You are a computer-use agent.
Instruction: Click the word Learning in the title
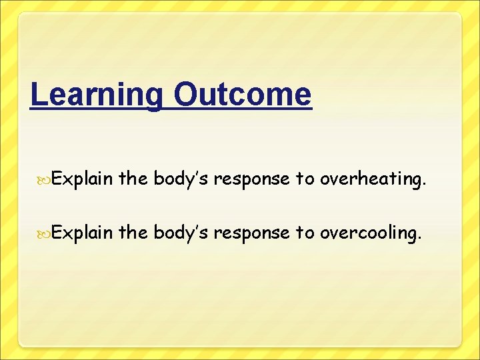point(96,95)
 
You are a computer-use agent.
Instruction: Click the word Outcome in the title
point(242,95)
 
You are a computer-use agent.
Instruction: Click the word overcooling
point(369,233)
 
